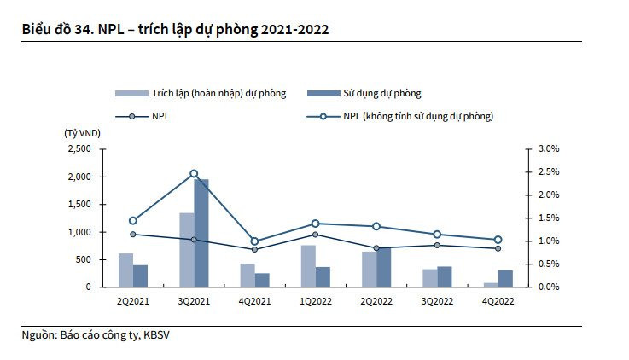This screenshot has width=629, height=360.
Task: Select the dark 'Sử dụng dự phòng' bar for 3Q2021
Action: pyautogui.click(x=201, y=232)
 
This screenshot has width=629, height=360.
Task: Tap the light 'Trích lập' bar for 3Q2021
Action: pyautogui.click(x=187, y=249)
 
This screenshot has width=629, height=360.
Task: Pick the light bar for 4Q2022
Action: pyautogui.click(x=491, y=284)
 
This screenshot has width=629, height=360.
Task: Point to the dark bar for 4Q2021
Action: pyautogui.click(x=262, y=280)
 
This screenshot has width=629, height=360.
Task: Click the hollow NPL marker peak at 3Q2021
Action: pyautogui.click(x=194, y=173)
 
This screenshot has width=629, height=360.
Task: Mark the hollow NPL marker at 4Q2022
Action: pyautogui.click(x=498, y=240)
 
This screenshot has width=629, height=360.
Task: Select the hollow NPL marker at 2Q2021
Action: pyautogui.click(x=133, y=220)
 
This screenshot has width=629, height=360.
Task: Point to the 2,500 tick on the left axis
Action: pyautogui.click(x=78, y=149)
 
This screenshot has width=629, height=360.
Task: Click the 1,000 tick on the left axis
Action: pyautogui.click(x=78, y=232)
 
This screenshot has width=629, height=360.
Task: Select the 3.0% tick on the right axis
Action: pyautogui.click(x=548, y=149)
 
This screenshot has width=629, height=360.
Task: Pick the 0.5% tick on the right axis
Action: pyautogui.click(x=548, y=264)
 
